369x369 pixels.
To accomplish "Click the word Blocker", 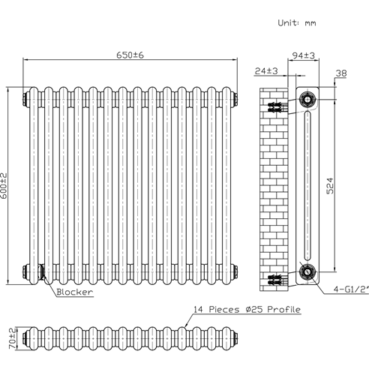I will [74, 292].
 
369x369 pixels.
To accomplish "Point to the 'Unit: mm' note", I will [298, 24].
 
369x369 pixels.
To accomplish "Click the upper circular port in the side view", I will [306, 100].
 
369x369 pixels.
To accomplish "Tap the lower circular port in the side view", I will [306, 271].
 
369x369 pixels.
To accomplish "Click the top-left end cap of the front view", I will [27, 97].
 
